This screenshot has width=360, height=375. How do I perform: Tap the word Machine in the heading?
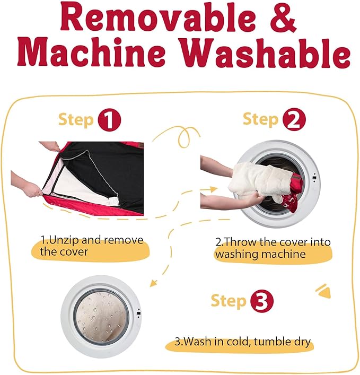(x=92, y=51)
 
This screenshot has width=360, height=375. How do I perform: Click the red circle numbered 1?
(x=109, y=119)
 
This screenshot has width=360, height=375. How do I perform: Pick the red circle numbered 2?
(x=294, y=119)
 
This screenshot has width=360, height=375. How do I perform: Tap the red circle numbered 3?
(x=261, y=301)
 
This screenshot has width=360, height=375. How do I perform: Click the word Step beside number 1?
(x=76, y=119)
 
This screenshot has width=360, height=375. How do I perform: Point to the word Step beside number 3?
(x=229, y=301)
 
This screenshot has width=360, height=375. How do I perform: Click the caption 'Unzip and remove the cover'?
(x=92, y=246)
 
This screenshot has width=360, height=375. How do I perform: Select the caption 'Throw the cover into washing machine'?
(x=273, y=248)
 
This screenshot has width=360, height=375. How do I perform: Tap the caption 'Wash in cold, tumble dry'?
(x=243, y=341)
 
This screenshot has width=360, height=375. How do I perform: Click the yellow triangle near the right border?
(x=324, y=292)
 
